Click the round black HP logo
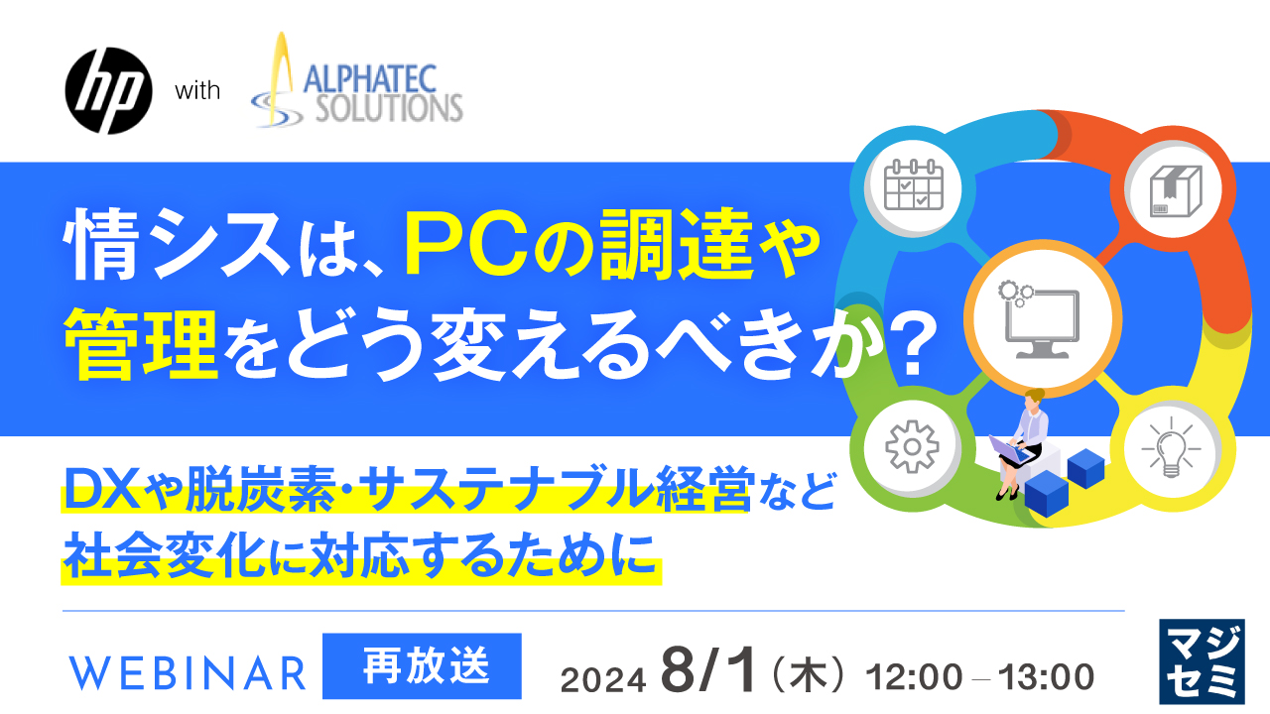(x=107, y=91)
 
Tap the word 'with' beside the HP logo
(x=197, y=92)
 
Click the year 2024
(x=604, y=680)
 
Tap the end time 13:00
(x=1048, y=677)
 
